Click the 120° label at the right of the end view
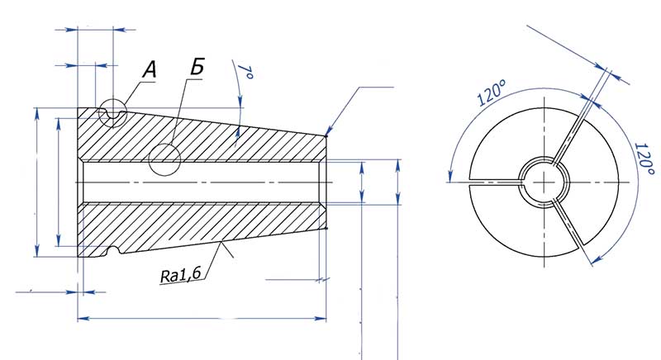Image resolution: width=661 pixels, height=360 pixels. click(643, 157)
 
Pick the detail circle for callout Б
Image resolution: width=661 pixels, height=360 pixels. click(165, 159)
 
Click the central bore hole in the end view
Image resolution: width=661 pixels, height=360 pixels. click(543, 181)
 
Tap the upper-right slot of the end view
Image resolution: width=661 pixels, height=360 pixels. click(577, 130)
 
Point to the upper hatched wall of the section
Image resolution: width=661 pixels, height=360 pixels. click(207, 136)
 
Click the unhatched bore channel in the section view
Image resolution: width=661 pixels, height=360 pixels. click(207, 181)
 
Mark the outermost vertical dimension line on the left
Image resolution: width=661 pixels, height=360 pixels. click(36, 182)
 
